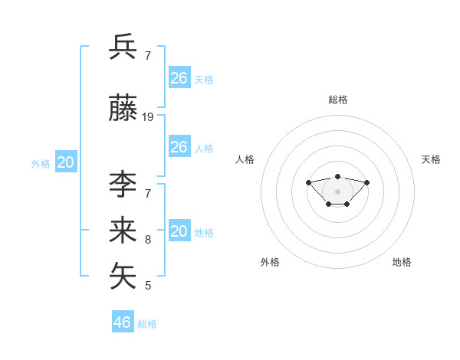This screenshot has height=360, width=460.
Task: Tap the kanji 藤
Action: click(123, 108)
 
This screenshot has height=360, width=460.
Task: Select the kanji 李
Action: click(123, 185)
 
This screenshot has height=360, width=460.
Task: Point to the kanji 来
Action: click(123, 231)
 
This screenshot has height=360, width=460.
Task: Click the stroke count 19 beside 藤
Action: click(148, 117)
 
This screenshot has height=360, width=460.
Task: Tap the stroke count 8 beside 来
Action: click(148, 240)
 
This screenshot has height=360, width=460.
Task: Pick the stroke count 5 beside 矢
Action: click(148, 286)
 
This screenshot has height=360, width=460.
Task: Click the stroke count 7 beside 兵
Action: click(148, 55)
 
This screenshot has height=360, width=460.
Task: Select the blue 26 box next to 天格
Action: click(179, 77)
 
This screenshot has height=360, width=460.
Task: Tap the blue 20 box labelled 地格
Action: click(179, 231)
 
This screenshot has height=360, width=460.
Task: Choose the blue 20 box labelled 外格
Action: click(66, 162)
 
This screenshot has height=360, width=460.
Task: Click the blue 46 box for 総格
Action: click(123, 322)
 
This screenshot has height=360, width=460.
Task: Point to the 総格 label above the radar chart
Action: click(338, 100)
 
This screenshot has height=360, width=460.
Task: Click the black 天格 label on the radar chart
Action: click(431, 159)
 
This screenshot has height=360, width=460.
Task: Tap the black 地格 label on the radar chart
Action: click(402, 262)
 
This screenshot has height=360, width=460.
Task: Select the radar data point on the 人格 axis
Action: click(308, 182)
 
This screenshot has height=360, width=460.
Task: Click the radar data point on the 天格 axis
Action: click(367, 182)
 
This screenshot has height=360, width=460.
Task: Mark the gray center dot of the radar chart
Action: click(338, 191)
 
